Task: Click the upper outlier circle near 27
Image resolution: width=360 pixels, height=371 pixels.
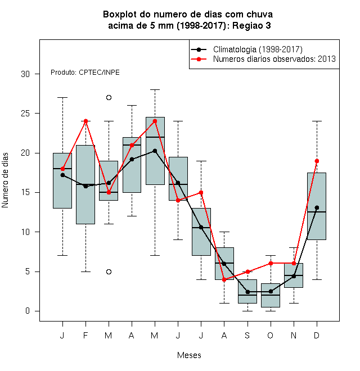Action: click(109, 97)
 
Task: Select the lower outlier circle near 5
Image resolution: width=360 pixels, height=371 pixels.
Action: click(109, 272)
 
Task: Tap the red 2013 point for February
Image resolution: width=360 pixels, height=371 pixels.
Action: click(85, 121)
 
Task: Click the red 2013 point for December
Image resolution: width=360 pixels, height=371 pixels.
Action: click(317, 161)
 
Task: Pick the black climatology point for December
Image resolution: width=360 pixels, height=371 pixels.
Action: click(317, 208)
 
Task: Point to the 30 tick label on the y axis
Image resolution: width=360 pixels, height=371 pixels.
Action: click(25, 74)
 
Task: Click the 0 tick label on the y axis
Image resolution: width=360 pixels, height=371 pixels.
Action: click(28, 311)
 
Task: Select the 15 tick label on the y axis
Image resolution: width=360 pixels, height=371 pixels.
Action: click(25, 192)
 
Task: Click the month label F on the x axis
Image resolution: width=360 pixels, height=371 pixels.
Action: click(85, 335)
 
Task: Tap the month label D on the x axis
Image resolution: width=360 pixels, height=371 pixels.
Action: click(317, 335)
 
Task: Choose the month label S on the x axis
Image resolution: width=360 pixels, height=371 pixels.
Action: click(247, 335)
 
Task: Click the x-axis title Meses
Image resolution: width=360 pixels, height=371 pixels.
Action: click(189, 355)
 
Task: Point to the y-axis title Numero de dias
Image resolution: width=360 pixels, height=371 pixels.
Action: click(5, 180)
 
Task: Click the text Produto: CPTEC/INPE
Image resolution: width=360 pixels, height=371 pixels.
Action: click(85, 73)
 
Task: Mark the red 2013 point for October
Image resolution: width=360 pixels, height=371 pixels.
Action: click(271, 263)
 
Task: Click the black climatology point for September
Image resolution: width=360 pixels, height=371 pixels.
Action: click(247, 292)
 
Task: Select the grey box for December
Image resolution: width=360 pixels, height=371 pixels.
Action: click(317, 206)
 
